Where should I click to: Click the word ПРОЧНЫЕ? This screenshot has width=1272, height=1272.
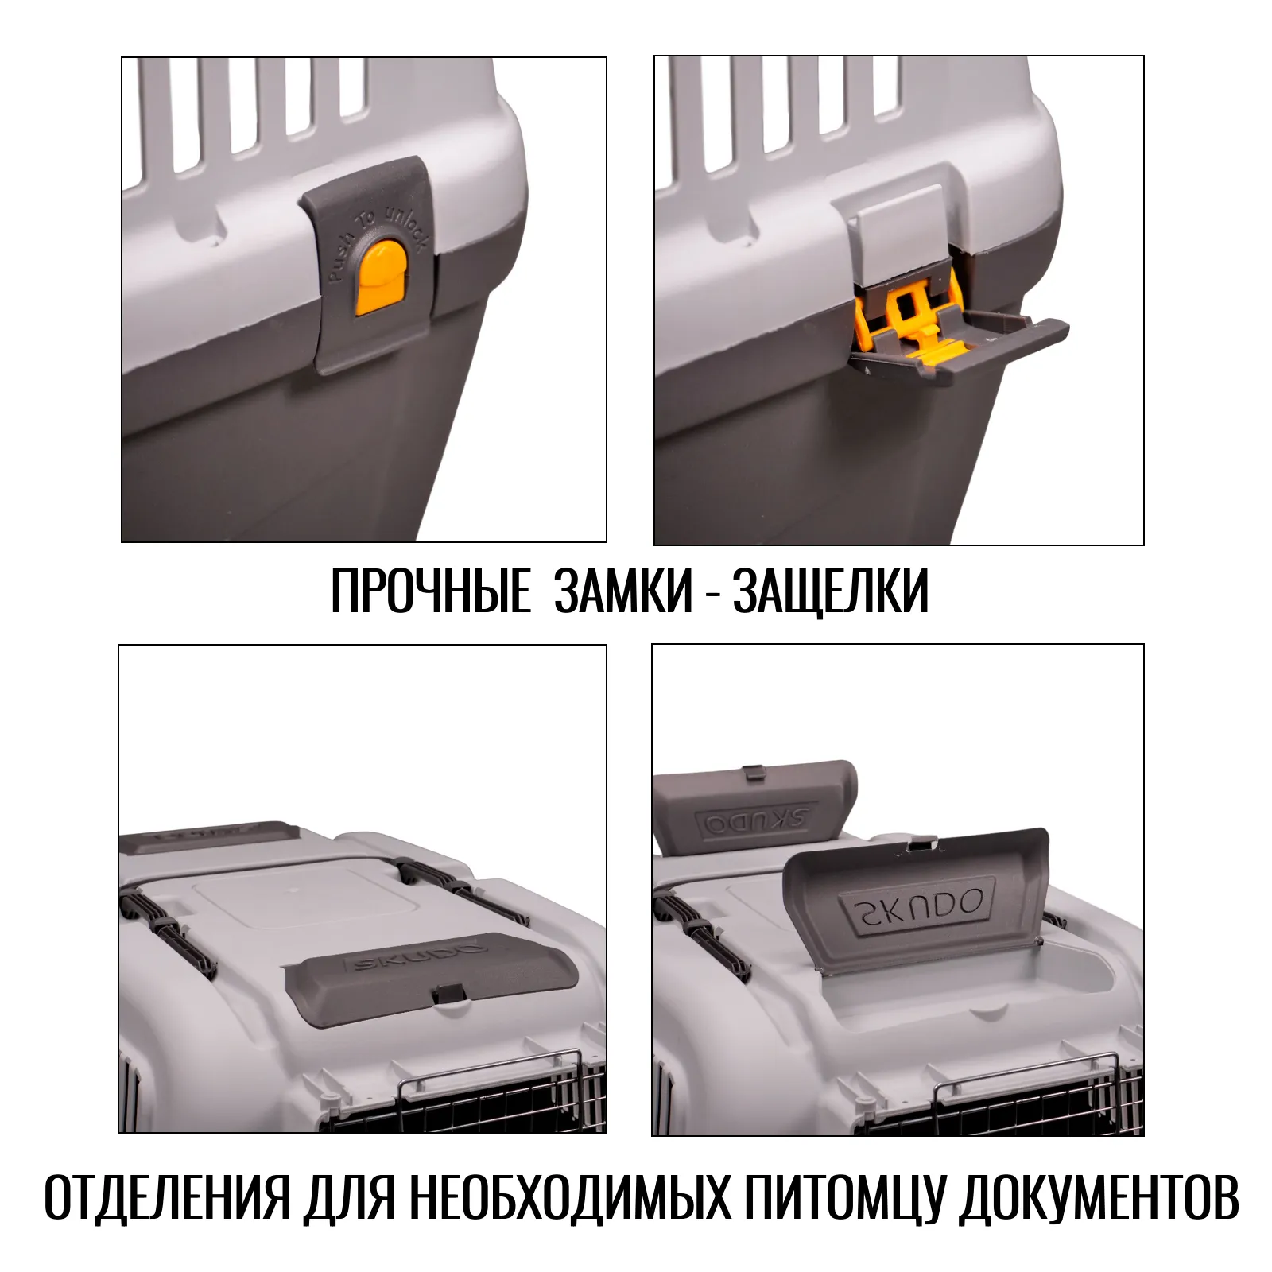(x=430, y=591)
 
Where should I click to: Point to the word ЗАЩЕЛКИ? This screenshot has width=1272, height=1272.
(x=830, y=591)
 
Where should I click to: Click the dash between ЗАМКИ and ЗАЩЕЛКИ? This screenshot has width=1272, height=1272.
(x=712, y=595)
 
